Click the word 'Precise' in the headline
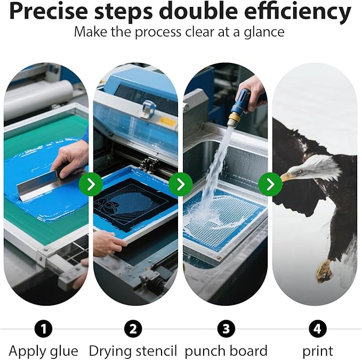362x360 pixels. click(49, 11)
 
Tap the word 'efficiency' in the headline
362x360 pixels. click(298, 12)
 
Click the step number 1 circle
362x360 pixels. click(43, 329)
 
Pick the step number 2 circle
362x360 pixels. click(133, 329)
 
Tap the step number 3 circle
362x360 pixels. click(226, 329)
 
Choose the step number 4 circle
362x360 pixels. click(318, 329)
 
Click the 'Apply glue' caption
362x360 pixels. click(43, 351)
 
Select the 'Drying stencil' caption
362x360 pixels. click(133, 351)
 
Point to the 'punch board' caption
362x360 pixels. click(226, 351)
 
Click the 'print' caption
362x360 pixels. click(318, 351)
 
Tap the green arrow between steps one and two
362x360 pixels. click(91, 184)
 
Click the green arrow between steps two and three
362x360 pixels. click(181, 184)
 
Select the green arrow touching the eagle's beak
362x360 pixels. click(270, 184)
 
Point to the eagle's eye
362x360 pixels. click(300, 171)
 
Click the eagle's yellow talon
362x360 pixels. click(324, 271)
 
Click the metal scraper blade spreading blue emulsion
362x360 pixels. click(38, 185)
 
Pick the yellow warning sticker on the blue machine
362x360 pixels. click(167, 121)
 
